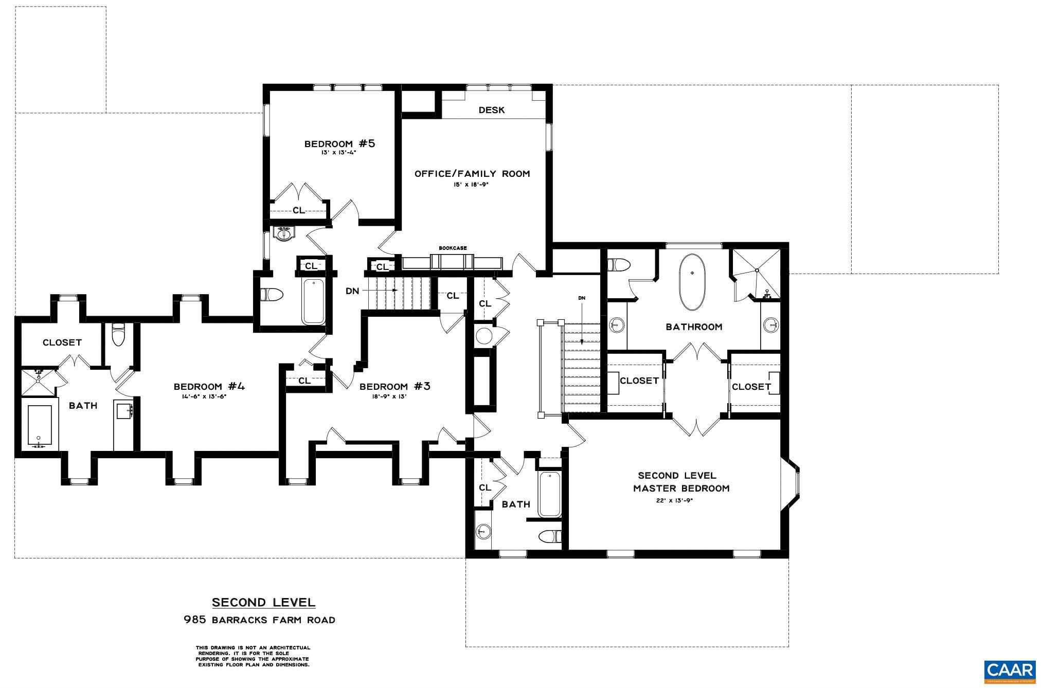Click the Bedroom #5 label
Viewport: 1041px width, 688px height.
click(x=339, y=143)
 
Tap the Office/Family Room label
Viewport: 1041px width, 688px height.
click(x=472, y=174)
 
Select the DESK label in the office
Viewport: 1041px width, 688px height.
click(x=491, y=110)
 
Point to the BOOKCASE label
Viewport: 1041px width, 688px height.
click(x=453, y=248)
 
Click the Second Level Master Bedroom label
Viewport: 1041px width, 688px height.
click(x=680, y=482)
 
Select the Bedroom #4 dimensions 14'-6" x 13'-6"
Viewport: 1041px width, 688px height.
click(x=204, y=396)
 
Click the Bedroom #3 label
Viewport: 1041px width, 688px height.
click(x=394, y=386)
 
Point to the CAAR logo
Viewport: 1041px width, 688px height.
click(x=1009, y=671)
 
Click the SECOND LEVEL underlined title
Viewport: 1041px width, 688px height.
click(x=263, y=602)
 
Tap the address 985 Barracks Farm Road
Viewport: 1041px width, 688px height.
click(x=260, y=620)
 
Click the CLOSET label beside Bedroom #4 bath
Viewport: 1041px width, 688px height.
click(x=62, y=342)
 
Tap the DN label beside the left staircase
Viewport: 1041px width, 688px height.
click(x=352, y=291)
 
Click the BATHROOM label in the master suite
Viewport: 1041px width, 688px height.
click(x=694, y=327)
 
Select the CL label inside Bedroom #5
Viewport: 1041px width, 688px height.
click(x=298, y=210)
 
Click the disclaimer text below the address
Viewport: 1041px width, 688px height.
click(x=253, y=656)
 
